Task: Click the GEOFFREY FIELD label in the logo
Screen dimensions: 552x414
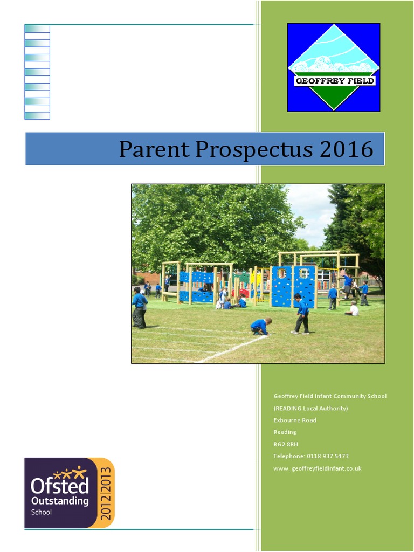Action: click(x=334, y=81)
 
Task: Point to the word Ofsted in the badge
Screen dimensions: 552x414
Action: click(x=59, y=486)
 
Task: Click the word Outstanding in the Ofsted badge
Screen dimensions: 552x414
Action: click(x=59, y=501)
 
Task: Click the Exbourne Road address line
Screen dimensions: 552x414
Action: click(x=295, y=420)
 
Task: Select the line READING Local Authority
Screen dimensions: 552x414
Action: click(x=310, y=408)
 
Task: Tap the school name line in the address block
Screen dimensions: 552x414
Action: click(x=330, y=396)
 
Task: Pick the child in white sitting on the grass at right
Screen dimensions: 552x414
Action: click(x=353, y=309)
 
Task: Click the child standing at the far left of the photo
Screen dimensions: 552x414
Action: click(x=139, y=307)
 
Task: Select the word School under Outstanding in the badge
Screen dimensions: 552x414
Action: click(x=42, y=512)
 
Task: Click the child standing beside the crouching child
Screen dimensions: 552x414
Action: click(x=301, y=314)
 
